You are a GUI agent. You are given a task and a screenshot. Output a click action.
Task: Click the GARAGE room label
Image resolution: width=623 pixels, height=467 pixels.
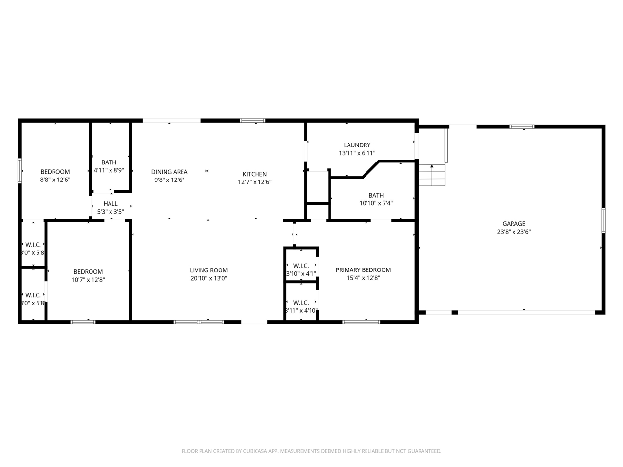coord(514,224)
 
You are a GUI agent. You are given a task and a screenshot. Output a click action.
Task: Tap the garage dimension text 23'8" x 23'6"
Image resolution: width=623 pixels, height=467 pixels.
coord(514,232)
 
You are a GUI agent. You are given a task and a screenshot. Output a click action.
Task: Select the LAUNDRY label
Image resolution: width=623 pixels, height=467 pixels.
coord(357,145)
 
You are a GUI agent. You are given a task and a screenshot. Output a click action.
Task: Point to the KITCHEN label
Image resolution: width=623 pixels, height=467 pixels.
coord(255,174)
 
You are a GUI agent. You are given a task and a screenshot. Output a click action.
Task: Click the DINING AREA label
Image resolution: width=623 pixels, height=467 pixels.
coord(169,172)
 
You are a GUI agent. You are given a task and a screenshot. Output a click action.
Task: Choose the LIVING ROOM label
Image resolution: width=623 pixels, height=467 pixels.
coord(209,270)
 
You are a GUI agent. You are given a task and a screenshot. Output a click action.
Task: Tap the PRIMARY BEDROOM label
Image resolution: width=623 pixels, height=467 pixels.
coord(363,270)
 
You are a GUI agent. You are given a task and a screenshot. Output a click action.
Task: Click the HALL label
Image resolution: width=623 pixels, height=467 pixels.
coord(110,204)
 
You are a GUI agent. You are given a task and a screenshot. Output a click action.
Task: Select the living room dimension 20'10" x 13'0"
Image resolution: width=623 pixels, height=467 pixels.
coord(209,279)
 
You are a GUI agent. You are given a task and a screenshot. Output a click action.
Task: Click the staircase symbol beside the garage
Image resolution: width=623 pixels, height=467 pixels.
coord(432,175)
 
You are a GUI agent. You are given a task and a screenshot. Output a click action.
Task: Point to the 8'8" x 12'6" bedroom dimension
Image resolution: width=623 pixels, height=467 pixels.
coord(55,180)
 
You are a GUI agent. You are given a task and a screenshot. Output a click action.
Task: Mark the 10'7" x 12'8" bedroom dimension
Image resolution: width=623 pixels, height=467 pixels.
coord(88,280)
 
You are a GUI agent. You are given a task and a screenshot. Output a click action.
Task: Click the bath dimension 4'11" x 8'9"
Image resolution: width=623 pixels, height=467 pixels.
coord(109,171)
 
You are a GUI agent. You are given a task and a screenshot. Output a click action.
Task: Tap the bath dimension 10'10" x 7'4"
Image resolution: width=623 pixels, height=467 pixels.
coord(376,204)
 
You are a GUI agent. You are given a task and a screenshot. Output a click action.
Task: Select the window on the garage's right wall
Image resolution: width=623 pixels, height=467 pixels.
coord(604,220)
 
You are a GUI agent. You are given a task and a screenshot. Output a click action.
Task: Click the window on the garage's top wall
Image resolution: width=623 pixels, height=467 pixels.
coord(522,127)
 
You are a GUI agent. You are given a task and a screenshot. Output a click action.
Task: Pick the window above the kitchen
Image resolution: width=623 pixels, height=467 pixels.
coord(253,121)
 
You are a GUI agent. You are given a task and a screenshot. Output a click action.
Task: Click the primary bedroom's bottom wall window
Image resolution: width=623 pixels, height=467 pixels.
coord(361,322)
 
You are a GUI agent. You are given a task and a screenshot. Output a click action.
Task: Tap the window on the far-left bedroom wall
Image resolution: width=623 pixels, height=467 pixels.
coord(20,171)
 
